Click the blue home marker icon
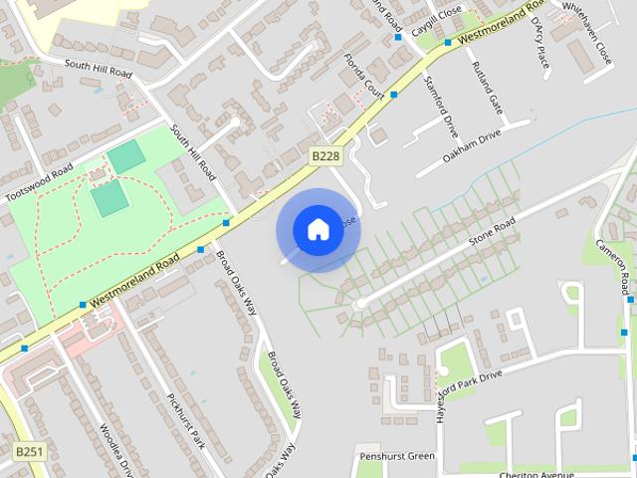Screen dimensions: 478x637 (318, 229)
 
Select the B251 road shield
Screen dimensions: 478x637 (30, 451)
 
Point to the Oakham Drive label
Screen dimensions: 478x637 (472, 146)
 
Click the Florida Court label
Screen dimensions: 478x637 (363, 75)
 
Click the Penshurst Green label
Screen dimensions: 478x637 (396, 456)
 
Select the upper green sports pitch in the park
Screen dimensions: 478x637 (126, 156)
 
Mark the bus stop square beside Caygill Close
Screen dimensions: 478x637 (397, 37)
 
